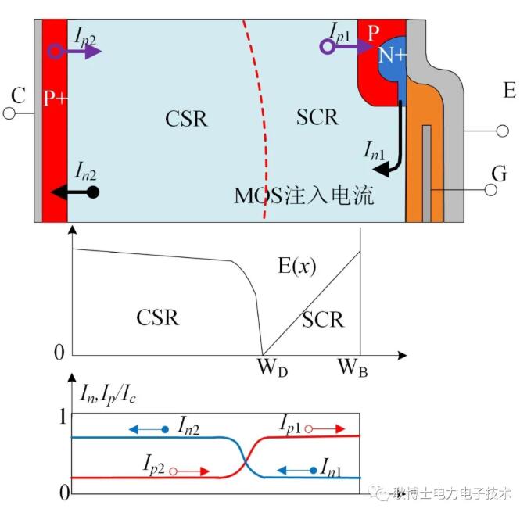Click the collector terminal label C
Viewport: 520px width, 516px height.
click(x=16, y=95)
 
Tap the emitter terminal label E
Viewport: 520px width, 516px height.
click(x=509, y=91)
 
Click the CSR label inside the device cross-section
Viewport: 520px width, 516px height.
click(x=186, y=119)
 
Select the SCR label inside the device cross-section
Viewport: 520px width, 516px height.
click(x=317, y=117)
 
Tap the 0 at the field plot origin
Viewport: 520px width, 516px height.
click(x=59, y=353)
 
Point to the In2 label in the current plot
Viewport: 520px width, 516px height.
click(x=192, y=425)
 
